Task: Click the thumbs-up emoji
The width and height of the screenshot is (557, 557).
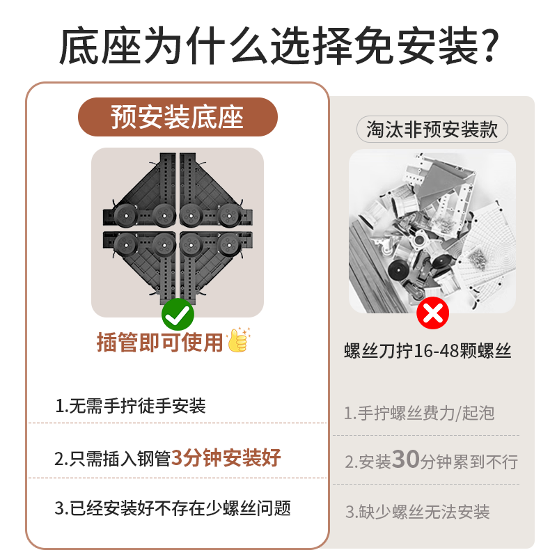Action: point(238,341)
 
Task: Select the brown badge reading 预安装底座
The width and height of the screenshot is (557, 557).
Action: point(178,117)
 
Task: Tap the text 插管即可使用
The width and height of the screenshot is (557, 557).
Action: point(160,342)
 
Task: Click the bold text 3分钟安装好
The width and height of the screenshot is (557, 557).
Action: point(226,458)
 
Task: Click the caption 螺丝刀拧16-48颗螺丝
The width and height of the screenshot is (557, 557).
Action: point(427,352)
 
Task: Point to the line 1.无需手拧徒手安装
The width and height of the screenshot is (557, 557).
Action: point(130,406)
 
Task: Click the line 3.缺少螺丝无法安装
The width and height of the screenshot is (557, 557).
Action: point(418,512)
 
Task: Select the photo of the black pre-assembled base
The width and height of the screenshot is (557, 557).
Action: point(178,230)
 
